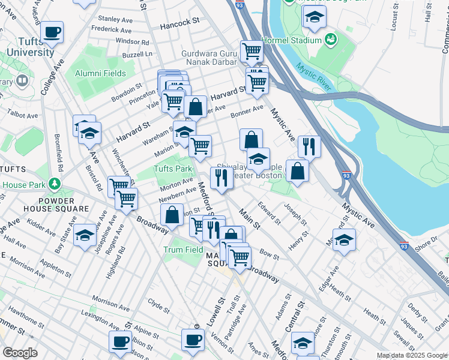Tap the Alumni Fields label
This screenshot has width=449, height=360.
coord(101,74)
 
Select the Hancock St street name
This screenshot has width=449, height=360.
coord(180,22)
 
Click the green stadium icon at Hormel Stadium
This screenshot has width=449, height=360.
coord(330,40)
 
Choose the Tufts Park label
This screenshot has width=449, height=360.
coord(173,169)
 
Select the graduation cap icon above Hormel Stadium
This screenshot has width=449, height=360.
coord(314,18)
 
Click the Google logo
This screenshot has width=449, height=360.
coord(20,353)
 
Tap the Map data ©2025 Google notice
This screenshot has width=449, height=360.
coord(412,355)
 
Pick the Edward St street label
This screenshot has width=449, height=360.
coord(268,213)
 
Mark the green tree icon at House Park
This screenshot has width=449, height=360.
coord(55,182)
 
